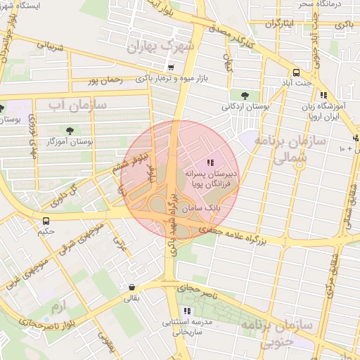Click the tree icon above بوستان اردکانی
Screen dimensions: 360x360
(244, 95)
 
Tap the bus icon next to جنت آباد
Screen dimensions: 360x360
(295, 72)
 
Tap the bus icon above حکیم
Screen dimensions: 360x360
(46, 221)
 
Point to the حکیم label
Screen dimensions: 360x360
(46, 231)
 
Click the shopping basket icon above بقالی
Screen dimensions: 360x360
(132, 287)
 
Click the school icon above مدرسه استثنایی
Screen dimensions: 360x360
(186, 310)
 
